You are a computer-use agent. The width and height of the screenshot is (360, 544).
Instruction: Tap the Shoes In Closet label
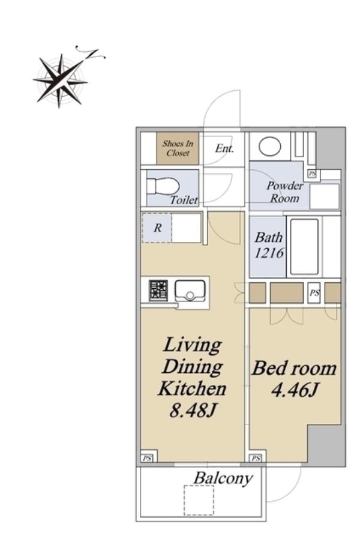178,148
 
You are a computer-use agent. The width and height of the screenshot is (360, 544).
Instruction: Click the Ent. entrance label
224,148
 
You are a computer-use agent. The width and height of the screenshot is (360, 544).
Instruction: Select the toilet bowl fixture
163,187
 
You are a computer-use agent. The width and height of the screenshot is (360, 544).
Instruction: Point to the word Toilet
184,200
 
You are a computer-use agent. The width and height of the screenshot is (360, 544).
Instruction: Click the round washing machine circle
269,147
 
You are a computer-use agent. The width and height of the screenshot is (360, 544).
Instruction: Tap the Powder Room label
285,192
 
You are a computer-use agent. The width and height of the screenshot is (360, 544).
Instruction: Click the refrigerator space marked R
157,228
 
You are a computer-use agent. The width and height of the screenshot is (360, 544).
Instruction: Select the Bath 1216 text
269,246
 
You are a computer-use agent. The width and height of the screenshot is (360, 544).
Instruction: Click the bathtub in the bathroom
304,247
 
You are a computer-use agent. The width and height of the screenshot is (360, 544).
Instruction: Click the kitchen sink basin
190,291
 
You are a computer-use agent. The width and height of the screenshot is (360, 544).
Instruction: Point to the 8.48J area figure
193,411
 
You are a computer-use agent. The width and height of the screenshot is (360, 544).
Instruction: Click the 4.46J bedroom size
294,390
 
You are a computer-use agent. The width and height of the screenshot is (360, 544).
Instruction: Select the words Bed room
294,369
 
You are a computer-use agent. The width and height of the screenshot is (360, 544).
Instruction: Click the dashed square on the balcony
199,500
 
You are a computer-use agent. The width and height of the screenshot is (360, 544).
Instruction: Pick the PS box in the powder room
313,174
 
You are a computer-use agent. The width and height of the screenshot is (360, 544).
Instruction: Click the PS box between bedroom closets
314,293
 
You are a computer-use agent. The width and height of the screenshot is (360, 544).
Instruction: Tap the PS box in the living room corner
148,458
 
